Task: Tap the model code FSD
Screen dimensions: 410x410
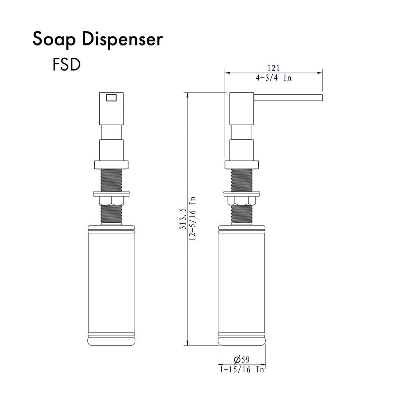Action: (66, 65)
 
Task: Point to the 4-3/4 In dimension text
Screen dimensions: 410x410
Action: (273, 78)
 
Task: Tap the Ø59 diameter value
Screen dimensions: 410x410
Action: (241, 360)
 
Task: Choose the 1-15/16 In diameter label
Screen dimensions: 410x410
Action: (242, 370)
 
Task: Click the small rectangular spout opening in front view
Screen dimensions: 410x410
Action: (112, 98)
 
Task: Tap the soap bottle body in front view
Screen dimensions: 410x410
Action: (111, 283)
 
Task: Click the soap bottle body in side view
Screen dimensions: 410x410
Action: (241, 283)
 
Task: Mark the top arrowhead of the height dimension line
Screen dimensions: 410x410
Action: (188, 95)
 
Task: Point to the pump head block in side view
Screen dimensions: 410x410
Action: (241, 109)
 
